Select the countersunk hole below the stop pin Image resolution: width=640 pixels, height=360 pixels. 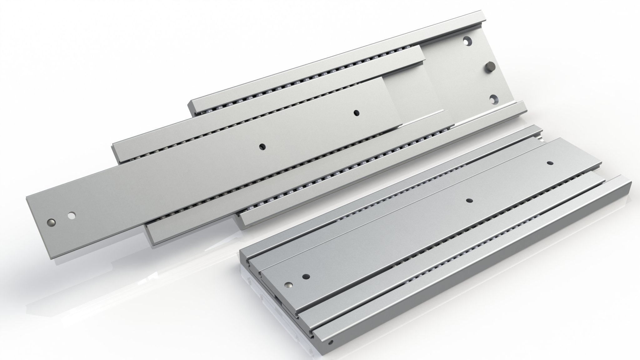click(x=493, y=99)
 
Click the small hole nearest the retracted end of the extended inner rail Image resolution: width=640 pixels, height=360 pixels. click(x=356, y=113)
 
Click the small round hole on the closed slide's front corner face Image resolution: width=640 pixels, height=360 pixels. click(x=331, y=350)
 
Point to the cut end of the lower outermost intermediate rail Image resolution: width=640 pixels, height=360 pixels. click(x=242, y=217)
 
